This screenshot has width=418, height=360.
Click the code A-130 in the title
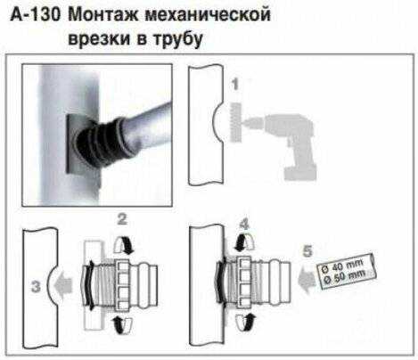coord(35,15)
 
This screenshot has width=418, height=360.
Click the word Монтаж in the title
coord(103,15)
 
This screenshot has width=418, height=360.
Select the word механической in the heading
coord(208,15)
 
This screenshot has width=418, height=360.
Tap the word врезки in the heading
coord(99,38)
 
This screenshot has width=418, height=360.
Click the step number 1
coord(235,84)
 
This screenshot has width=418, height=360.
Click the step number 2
coord(122,219)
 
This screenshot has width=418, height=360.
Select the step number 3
coord(36,287)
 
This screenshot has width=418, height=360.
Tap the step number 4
coord(244,225)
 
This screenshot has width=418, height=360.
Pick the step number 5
coord(307,251)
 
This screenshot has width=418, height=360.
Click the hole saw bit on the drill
coord(235,121)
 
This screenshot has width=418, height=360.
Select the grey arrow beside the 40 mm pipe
coord(307,281)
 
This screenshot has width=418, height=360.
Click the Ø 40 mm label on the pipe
coord(342,266)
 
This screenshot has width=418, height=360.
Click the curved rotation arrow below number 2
coord(123,245)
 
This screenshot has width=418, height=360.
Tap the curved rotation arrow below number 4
coord(245,241)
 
